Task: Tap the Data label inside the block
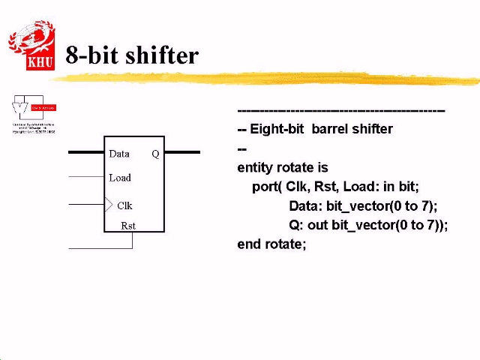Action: [119, 154]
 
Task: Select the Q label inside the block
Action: [155, 154]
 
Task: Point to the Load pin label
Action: [120, 178]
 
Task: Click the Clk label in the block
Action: [124, 205]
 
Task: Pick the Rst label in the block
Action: [128, 225]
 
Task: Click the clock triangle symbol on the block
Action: [109, 204]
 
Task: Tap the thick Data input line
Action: [85, 152]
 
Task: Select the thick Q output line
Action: [182, 152]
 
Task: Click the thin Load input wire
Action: [85, 177]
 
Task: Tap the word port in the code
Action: [265, 187]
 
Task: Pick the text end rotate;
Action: [271, 244]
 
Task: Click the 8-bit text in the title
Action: [88, 55]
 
